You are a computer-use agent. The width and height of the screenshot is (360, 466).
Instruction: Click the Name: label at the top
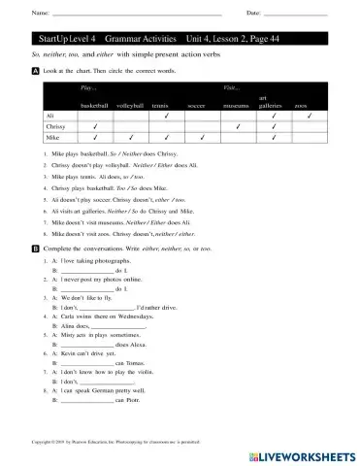coord(40,13)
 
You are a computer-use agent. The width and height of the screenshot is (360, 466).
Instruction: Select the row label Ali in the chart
coord(51,115)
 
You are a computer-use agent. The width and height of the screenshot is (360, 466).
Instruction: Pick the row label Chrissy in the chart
coord(55,126)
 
